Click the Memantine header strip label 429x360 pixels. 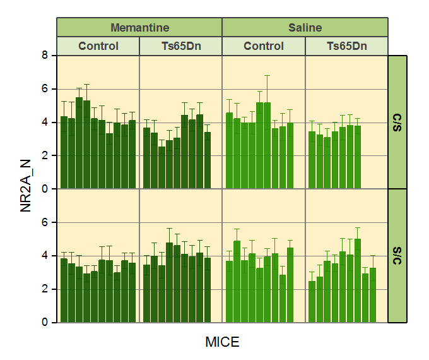[139, 28]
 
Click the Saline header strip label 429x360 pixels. [305, 28]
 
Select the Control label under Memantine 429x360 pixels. [98, 46]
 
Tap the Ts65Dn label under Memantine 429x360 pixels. [180, 46]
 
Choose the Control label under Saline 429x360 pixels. [264, 46]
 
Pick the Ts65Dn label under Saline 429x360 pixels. [346, 46]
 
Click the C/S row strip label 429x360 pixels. [397, 122]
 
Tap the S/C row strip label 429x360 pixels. [397, 255]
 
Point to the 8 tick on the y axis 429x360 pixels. [45, 56]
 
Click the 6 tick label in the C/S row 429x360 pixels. [45, 89]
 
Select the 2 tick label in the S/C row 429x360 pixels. [45, 289]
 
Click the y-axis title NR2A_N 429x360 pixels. [26, 189]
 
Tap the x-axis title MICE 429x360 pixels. [222, 342]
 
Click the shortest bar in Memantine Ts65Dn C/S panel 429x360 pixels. [162, 167]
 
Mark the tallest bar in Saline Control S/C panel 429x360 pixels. [237, 282]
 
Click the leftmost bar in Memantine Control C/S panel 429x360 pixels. [64, 152]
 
